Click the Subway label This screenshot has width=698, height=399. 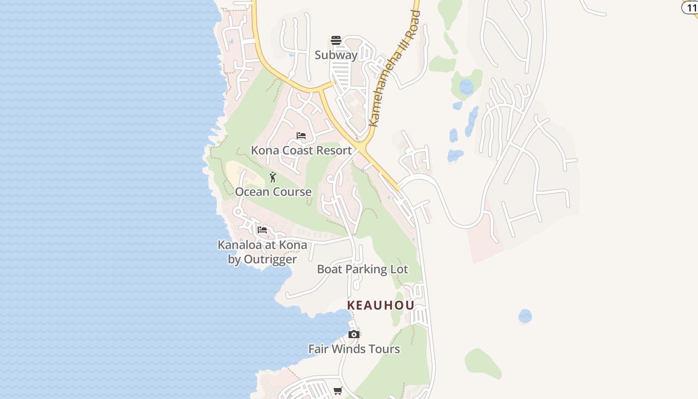tap(336, 55)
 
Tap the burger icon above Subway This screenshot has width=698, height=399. tap(336, 40)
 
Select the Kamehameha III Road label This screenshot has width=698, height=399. tap(394, 69)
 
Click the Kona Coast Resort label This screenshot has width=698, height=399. tap(301, 150)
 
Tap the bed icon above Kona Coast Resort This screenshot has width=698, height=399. tap(301, 136)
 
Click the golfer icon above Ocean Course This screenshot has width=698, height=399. tap(273, 177)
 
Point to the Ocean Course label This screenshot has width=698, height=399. tap(273, 192)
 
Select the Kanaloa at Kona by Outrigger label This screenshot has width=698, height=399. tap(262, 252)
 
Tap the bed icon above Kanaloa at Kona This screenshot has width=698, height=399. tap(262, 230)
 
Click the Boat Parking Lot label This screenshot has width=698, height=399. tap(362, 269)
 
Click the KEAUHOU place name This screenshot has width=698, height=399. tap(380, 305)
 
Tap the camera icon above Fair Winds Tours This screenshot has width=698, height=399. tap(354, 334)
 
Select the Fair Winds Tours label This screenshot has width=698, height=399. tap(354, 349)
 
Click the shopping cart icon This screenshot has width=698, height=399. tap(338, 391)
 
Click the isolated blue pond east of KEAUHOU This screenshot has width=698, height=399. tap(525, 316)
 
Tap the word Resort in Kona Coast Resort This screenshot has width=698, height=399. tap(334, 150)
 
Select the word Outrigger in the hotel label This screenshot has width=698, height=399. tap(269, 259)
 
